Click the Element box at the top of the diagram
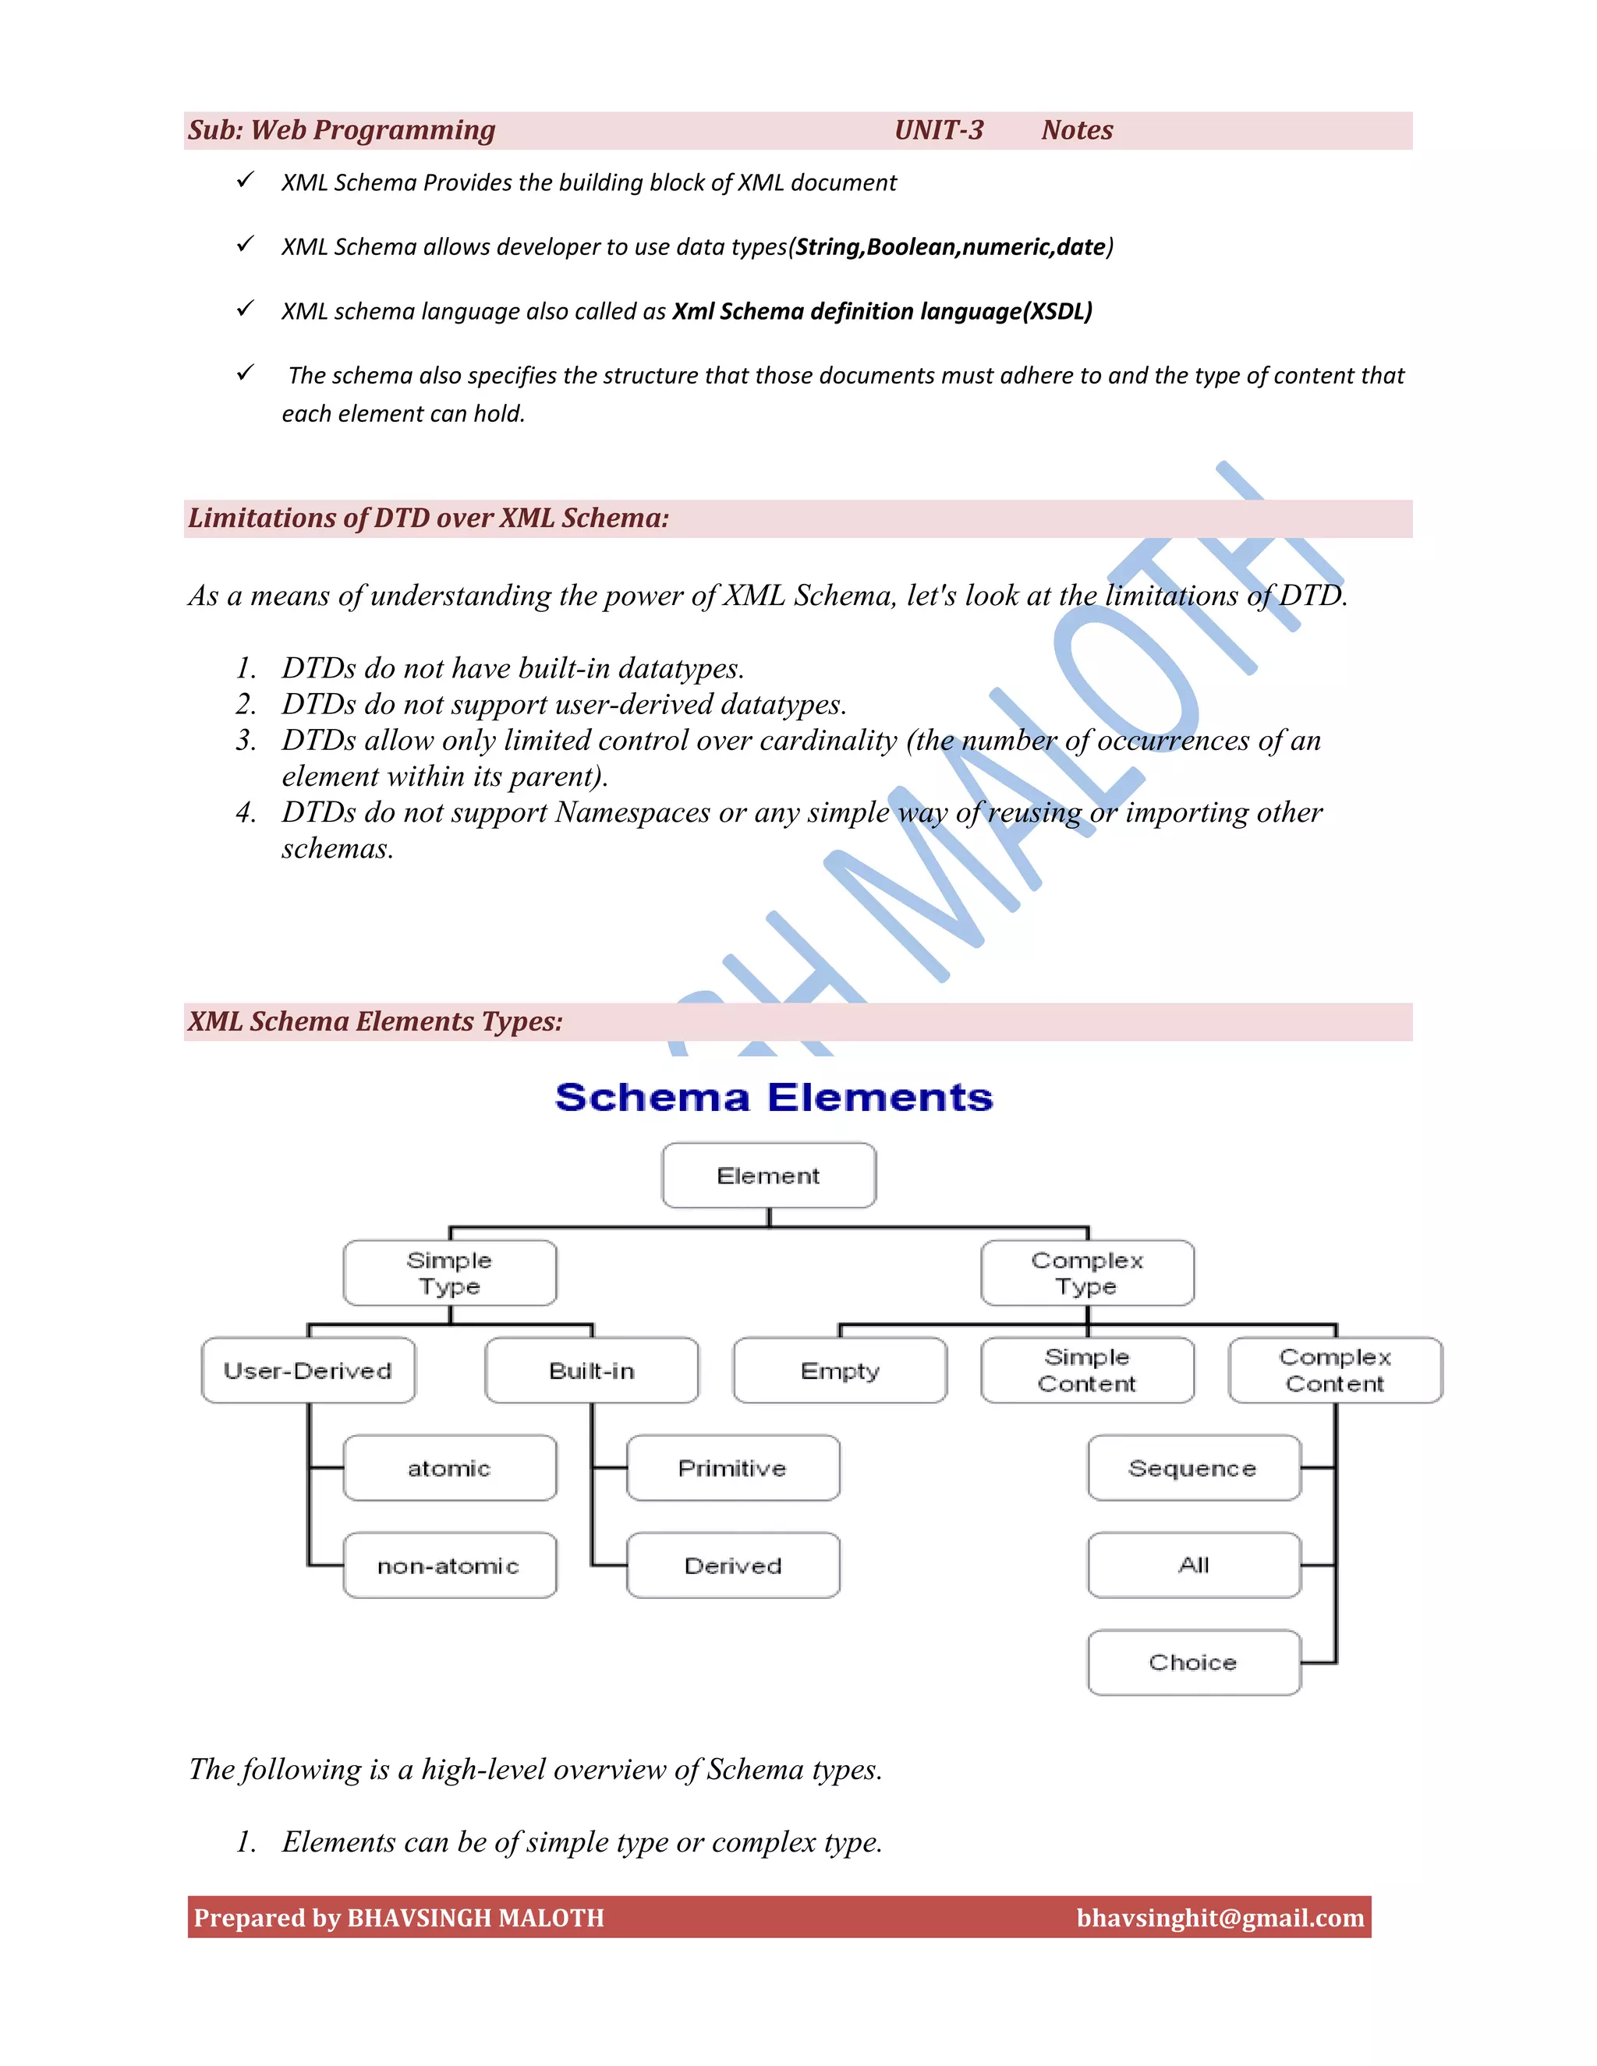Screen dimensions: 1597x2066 768,1175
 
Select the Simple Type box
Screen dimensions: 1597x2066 449,1273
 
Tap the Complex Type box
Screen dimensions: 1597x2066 1087,1273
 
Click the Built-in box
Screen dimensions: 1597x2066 591,1371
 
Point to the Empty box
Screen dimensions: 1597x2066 839,1371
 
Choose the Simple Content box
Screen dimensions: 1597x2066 1087,1371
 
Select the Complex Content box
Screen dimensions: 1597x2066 1335,1371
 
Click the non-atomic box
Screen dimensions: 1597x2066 449,1565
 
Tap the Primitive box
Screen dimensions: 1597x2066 732,1468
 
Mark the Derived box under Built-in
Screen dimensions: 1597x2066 732,1565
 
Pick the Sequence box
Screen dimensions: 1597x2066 1193,1468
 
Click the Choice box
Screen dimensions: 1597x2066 1193,1663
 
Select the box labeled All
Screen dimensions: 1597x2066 1193,1565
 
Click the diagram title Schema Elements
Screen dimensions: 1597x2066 774,1098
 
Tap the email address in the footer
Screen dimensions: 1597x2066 1220,1918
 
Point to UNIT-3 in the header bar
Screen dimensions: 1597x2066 939,130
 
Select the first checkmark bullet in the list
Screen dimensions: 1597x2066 245,180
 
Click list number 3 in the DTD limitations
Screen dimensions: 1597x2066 246,741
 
